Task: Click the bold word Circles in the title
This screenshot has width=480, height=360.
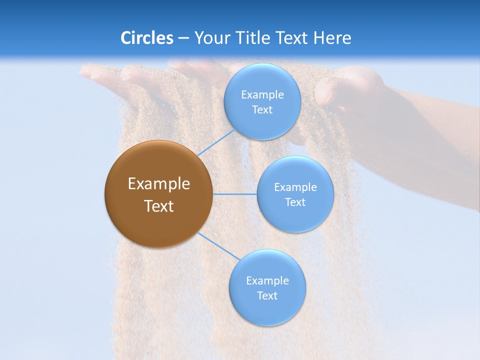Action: point(146,38)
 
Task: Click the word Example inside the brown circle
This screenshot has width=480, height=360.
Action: point(159,184)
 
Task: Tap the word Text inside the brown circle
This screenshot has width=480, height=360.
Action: point(159,206)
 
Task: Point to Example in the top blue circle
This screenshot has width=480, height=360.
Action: point(262,95)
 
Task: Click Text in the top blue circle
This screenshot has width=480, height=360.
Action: point(262,110)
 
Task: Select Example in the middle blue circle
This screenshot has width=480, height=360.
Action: point(295,187)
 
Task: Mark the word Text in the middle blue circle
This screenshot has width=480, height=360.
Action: point(295,202)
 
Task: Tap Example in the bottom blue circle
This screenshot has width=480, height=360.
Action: point(267,281)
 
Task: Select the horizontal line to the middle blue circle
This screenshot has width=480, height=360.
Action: point(235,194)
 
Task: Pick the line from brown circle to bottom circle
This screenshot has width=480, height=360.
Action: point(219,246)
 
